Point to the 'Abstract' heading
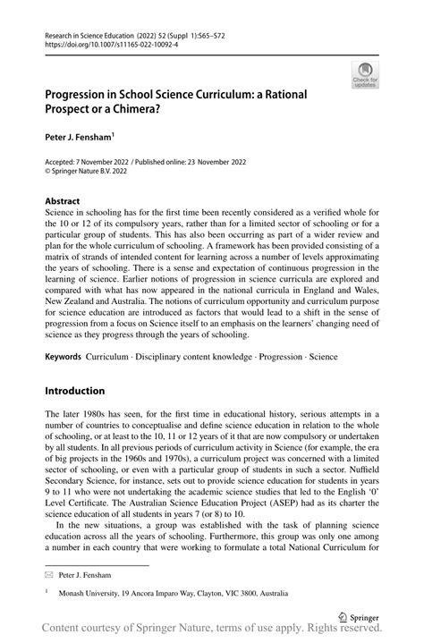[x=62, y=201]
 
